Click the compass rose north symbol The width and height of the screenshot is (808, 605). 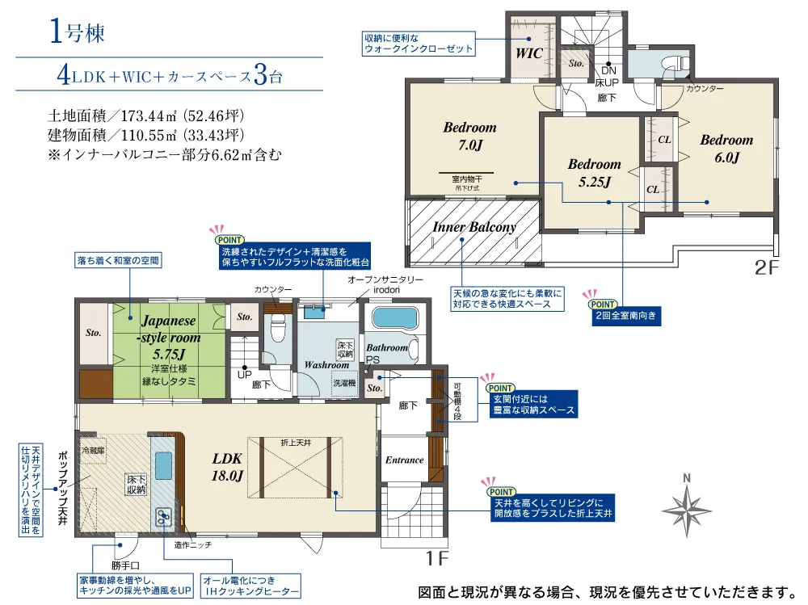[687, 506]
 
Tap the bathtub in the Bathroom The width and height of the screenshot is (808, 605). [395, 318]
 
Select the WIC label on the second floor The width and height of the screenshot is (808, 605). [529, 53]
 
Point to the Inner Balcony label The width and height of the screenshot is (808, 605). [474, 227]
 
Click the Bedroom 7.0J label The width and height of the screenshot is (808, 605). [470, 136]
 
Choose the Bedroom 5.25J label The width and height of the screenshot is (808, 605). [594, 173]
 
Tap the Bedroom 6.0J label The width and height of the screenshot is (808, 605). [726, 149]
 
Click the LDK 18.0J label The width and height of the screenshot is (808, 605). [227, 467]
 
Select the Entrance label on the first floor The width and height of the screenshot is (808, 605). [405, 460]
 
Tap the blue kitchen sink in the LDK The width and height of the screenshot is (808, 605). [163, 465]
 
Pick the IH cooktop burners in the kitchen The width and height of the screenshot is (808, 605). [163, 517]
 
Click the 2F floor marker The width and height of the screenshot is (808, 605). [766, 267]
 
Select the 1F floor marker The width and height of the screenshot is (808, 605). [437, 558]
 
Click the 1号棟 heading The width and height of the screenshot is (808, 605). [77, 32]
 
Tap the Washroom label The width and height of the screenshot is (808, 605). [326, 365]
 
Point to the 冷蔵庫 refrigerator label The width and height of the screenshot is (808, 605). [93, 450]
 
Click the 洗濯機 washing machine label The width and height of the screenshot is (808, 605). [344, 383]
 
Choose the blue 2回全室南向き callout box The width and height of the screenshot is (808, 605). [625, 315]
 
